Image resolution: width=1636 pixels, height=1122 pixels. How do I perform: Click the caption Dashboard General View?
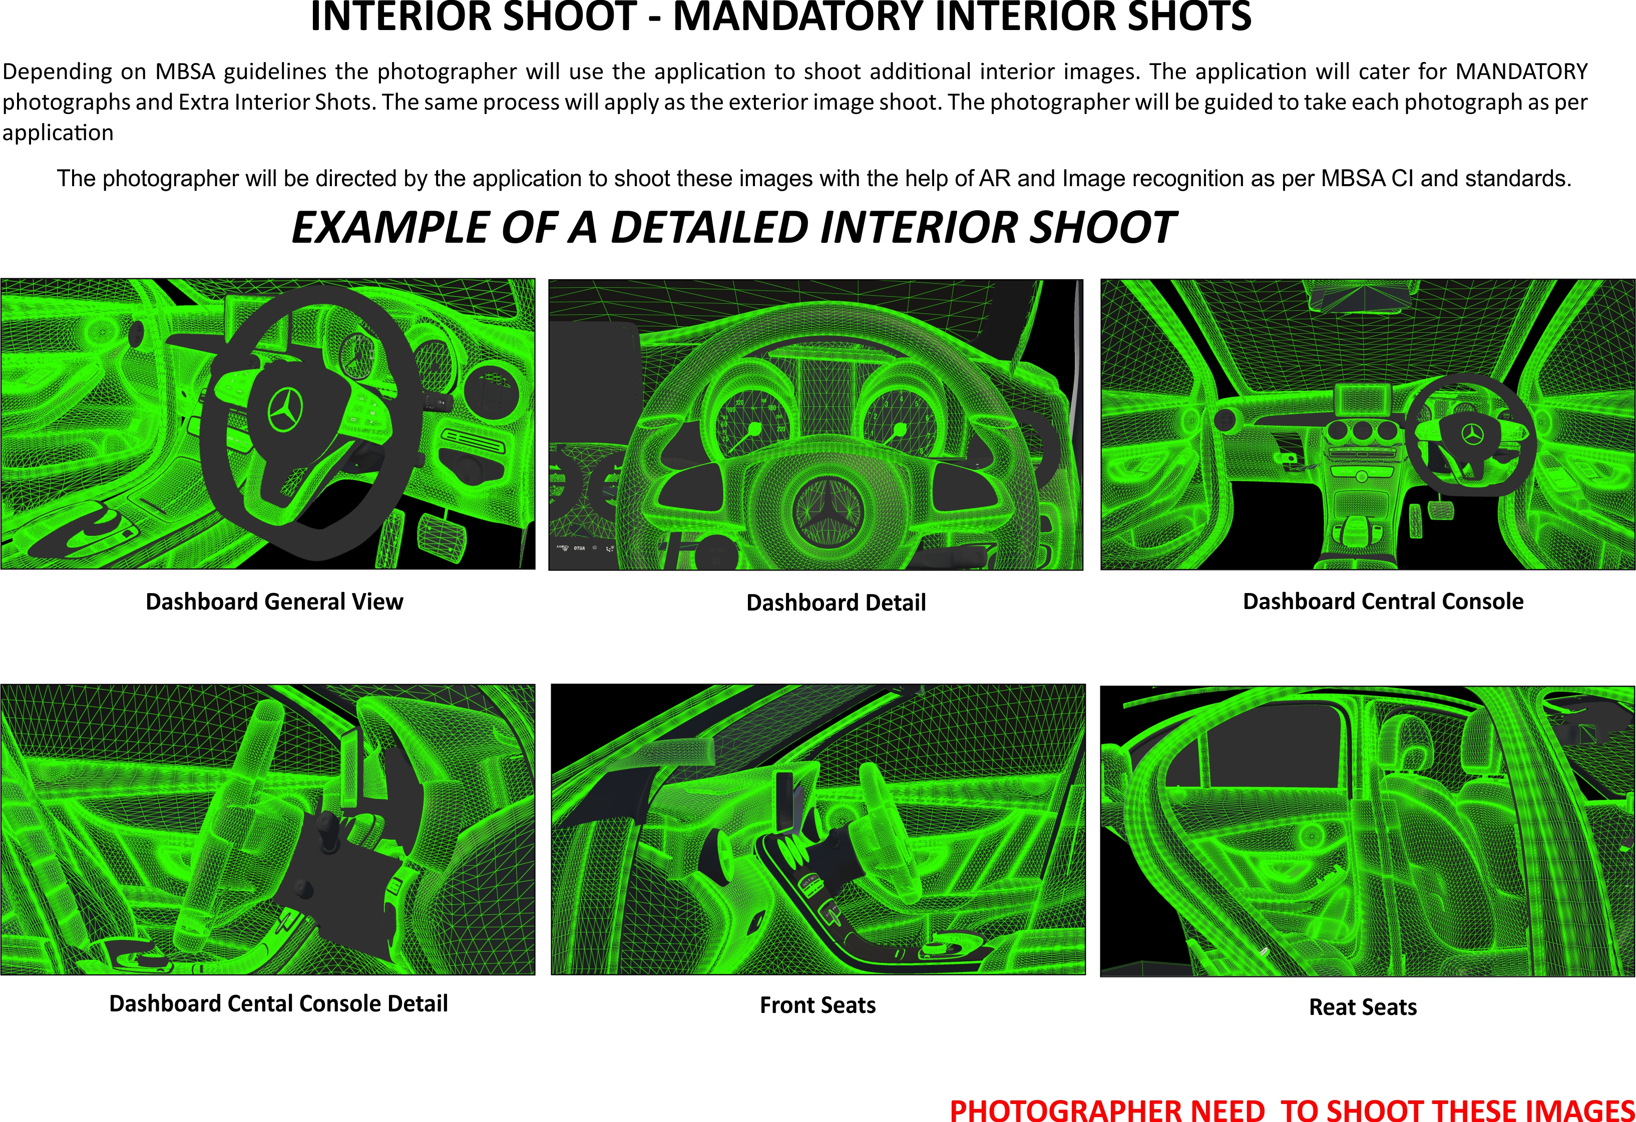[274, 602]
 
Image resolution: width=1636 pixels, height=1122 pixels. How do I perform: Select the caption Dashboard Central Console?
[1383, 602]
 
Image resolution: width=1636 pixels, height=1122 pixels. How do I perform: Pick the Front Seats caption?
[817, 1005]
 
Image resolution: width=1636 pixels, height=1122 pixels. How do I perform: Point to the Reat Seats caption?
[1362, 1007]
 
